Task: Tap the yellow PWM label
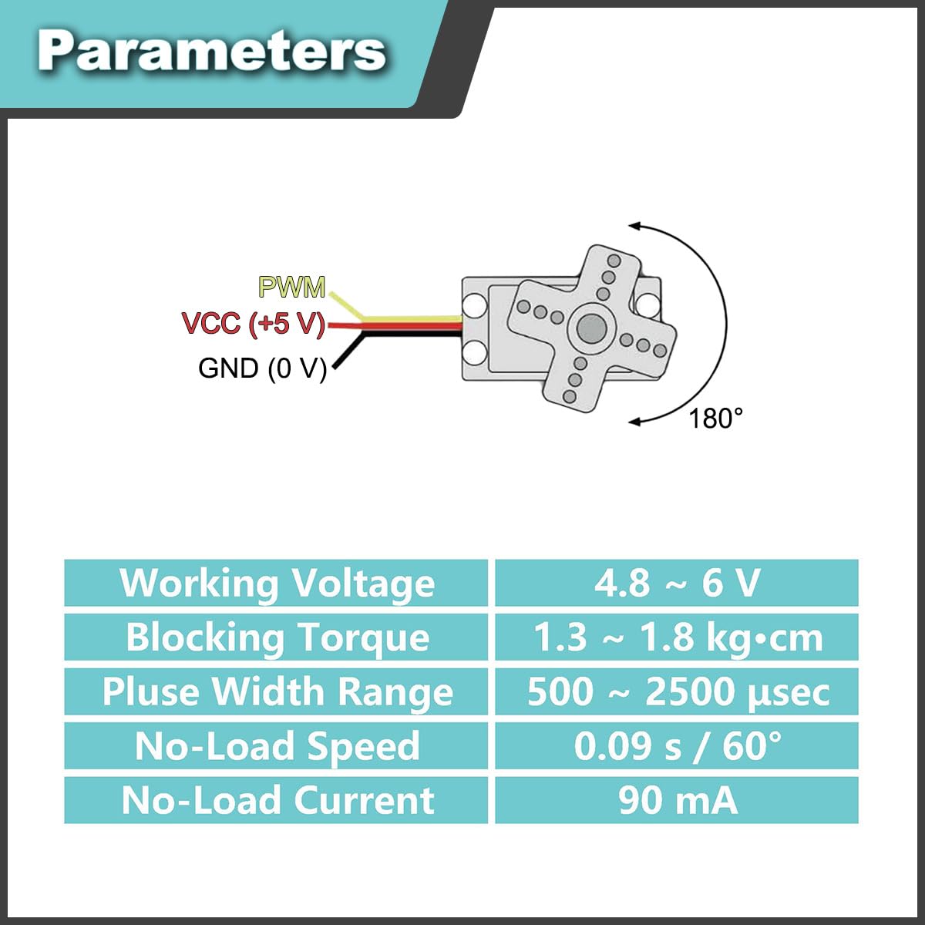coord(292,287)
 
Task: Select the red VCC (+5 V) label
coord(254,323)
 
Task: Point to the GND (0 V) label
coord(262,368)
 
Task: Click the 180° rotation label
coord(715,418)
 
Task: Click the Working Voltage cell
coord(276,583)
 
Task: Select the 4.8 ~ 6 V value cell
coord(676,583)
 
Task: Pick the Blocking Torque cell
coord(276,637)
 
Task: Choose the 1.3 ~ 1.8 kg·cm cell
coord(676,637)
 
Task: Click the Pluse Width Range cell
coord(276,691)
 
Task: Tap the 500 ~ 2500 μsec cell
coord(676,691)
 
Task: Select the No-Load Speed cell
coord(276,745)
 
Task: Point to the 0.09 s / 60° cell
coord(676,745)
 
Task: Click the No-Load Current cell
coord(276,800)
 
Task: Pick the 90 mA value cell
coord(676,800)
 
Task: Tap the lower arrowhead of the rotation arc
coord(634,422)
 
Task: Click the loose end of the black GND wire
coord(335,368)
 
